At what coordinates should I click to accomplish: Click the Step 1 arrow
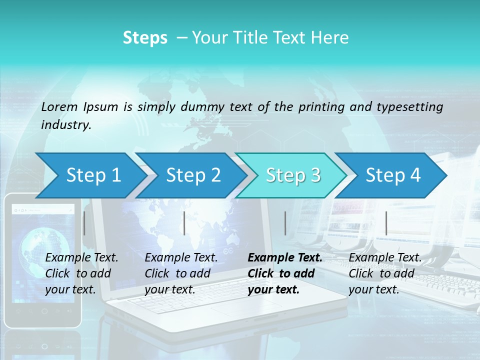pos(93,175)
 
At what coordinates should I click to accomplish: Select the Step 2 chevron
pos(193,175)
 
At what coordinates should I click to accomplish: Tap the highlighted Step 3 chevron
pos(293,175)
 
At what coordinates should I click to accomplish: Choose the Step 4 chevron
pos(393,175)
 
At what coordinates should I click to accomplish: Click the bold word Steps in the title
pos(145,38)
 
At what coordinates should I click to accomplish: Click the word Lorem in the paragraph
pos(59,106)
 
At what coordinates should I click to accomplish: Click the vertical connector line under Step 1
pos(84,223)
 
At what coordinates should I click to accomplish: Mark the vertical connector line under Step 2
pos(184,223)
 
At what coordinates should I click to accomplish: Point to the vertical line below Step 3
pos(285,223)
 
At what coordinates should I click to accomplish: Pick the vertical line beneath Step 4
pos(386,223)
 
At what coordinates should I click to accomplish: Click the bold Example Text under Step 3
pos(285,257)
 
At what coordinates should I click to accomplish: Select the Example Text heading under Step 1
pos(81,257)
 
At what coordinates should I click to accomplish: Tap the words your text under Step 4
pos(373,289)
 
